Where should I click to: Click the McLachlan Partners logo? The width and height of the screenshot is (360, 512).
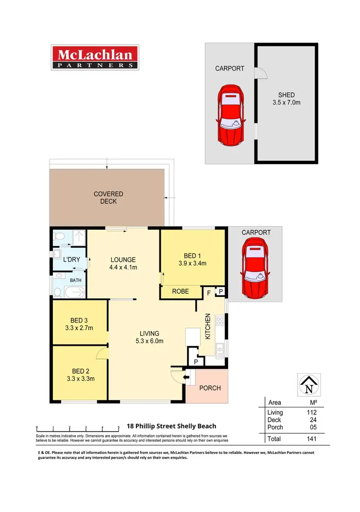tap(95, 58)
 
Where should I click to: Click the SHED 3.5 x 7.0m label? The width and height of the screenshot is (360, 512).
tap(286, 98)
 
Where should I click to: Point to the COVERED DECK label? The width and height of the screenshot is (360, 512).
tap(108, 197)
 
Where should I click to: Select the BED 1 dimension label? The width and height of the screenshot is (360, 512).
tap(192, 259)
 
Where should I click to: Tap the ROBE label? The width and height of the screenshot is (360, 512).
tap(180, 292)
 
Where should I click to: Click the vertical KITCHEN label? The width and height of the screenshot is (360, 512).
tap(208, 327)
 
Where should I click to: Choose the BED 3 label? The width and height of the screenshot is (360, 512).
tap(79, 324)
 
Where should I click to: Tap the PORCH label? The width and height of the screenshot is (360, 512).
tap(210, 388)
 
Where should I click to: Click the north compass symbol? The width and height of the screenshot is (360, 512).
tap(309, 384)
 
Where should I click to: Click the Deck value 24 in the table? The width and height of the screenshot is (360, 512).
tap(313, 420)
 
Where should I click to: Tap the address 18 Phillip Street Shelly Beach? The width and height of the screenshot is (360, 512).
tap(171, 426)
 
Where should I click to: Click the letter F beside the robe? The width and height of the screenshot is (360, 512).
tap(209, 292)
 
